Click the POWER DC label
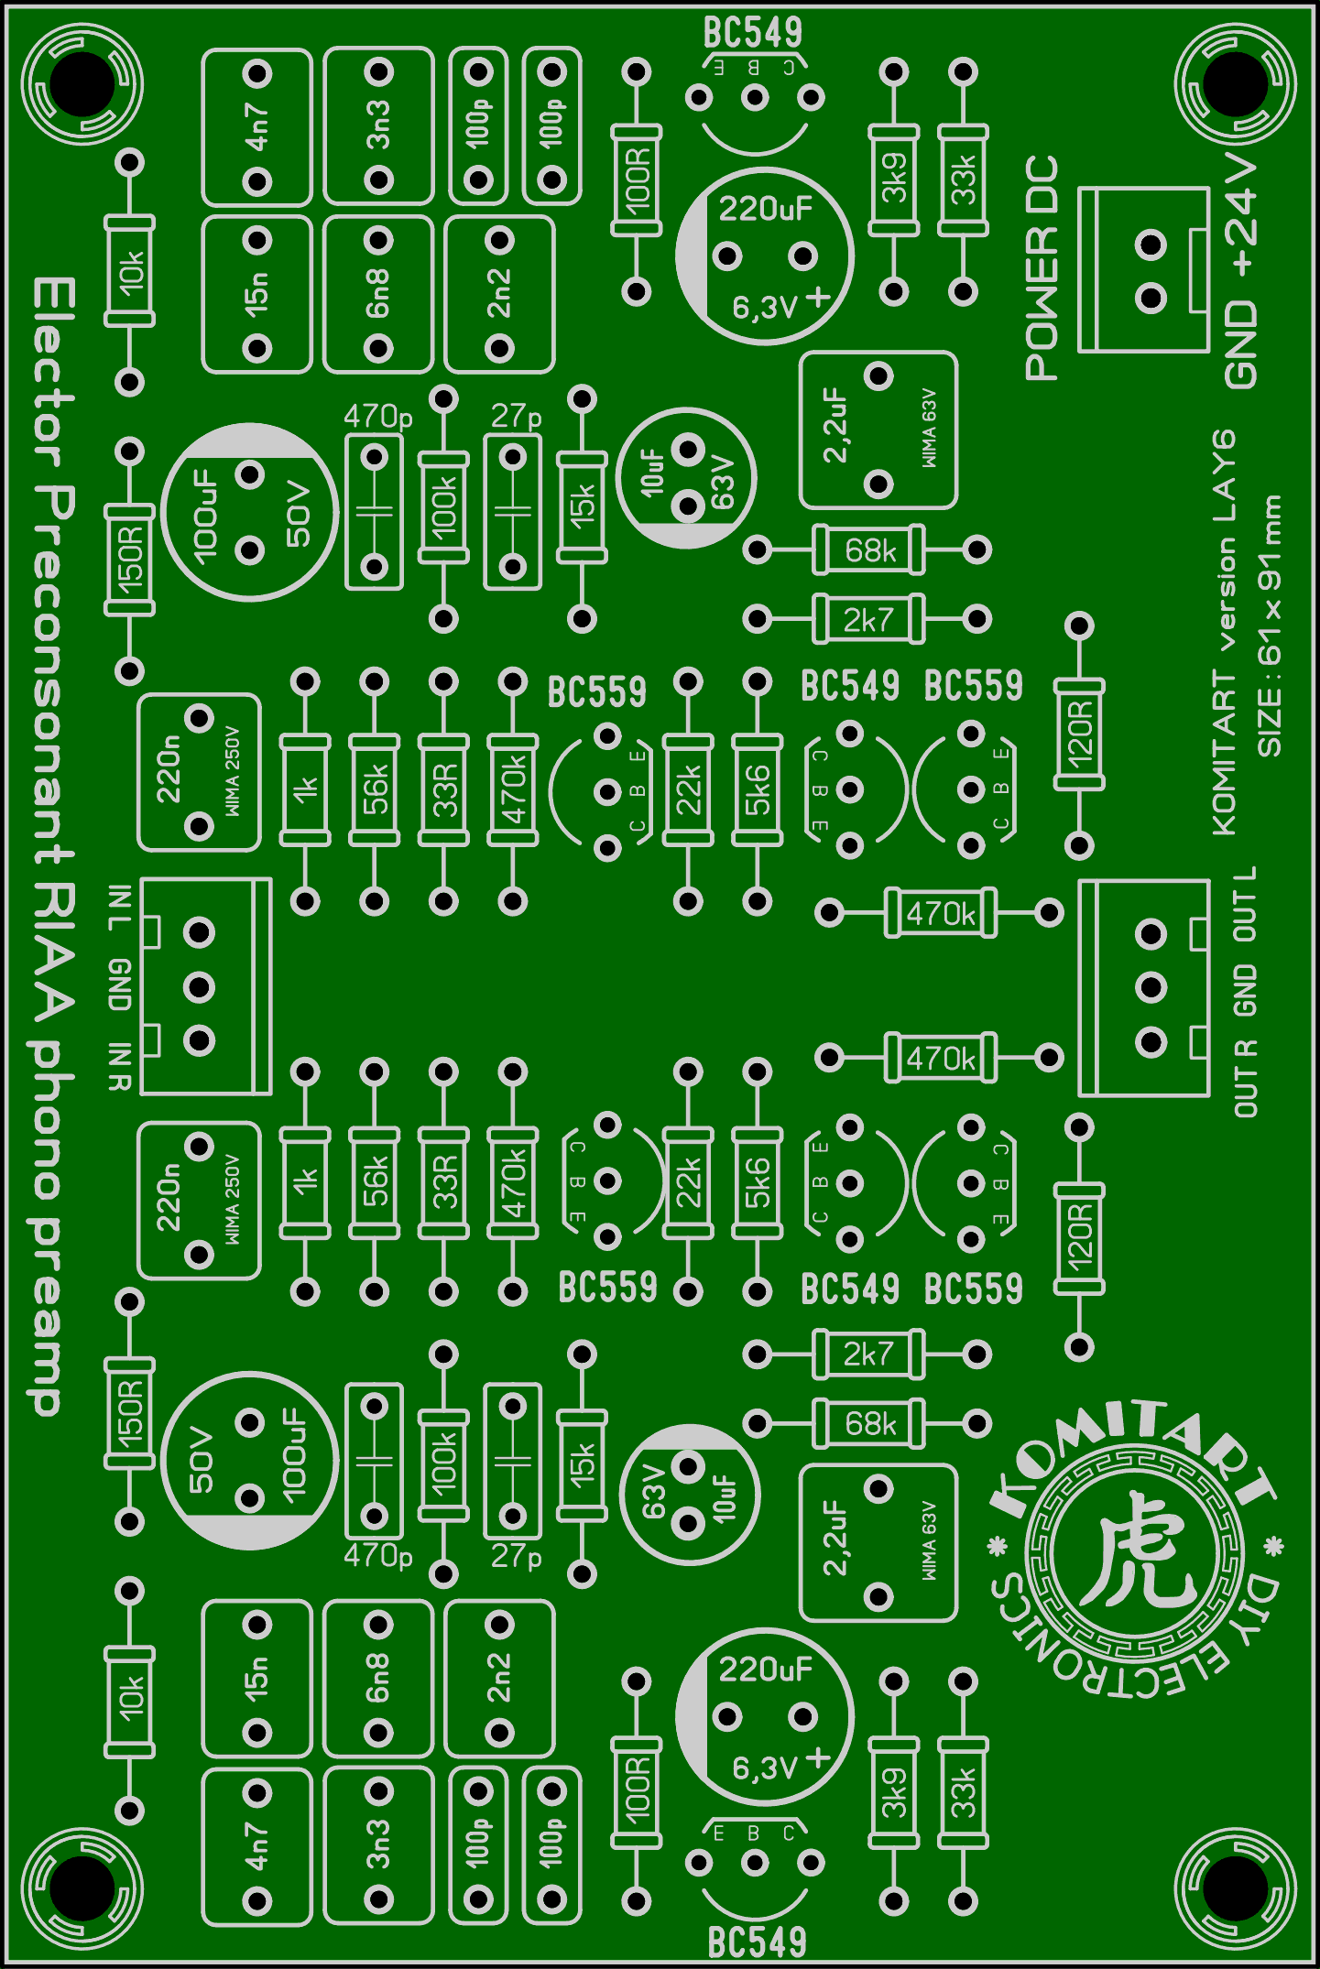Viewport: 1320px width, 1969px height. pyautogui.click(x=1042, y=267)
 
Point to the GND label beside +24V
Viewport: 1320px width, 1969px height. pyautogui.click(x=1242, y=343)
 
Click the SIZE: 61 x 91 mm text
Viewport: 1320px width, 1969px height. pyautogui.click(x=1270, y=626)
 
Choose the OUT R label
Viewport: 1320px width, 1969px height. pyautogui.click(x=1245, y=1078)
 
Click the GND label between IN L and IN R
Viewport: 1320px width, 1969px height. pyautogui.click(x=120, y=985)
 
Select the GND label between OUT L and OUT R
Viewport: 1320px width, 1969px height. pyautogui.click(x=1245, y=990)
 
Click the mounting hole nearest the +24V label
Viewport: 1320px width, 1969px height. pyautogui.click(x=1236, y=83)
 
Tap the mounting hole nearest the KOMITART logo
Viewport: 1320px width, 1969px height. pyautogui.click(x=1236, y=1887)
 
